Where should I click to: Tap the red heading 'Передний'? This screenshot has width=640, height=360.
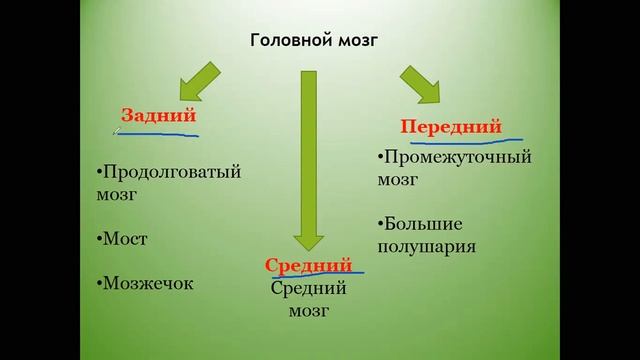pyautogui.click(x=450, y=127)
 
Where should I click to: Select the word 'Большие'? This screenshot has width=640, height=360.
pyautogui.click(x=422, y=222)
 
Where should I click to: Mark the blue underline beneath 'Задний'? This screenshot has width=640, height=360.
pyautogui.click(x=160, y=133)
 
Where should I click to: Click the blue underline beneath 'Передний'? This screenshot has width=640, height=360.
pyautogui.click(x=455, y=139)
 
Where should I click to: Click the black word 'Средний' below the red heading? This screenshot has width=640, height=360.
pyautogui.click(x=309, y=289)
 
